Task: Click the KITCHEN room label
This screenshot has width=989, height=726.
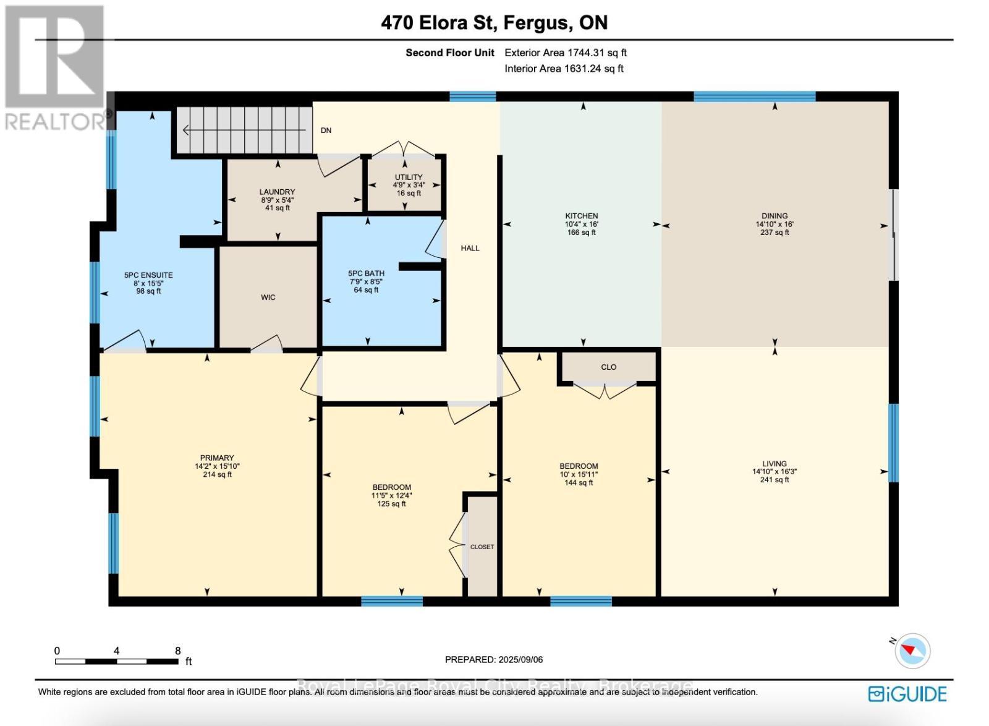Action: [581, 216]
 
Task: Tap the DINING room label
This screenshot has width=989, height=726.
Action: [775, 216]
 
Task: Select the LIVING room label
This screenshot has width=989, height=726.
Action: [775, 463]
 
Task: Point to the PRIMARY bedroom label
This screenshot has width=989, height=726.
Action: [217, 458]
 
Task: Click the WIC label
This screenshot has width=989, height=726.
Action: [268, 297]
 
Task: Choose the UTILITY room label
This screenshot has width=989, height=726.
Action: [409, 177]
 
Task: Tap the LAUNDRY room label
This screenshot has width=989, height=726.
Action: [277, 192]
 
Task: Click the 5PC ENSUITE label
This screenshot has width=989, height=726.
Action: [148, 275]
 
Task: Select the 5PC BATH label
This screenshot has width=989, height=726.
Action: [366, 273]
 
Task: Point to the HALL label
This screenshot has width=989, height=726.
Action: [470, 248]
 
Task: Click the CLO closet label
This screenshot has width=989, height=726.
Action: [608, 367]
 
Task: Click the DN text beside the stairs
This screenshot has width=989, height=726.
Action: [326, 130]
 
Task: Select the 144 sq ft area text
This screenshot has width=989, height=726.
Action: [579, 483]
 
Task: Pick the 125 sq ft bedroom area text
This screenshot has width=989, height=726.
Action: [391, 504]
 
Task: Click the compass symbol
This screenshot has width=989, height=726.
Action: [912, 651]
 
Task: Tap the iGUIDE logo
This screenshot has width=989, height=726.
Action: [907, 694]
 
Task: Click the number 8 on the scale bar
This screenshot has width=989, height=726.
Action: [178, 651]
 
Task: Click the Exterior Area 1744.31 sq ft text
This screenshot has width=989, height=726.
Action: [566, 53]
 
